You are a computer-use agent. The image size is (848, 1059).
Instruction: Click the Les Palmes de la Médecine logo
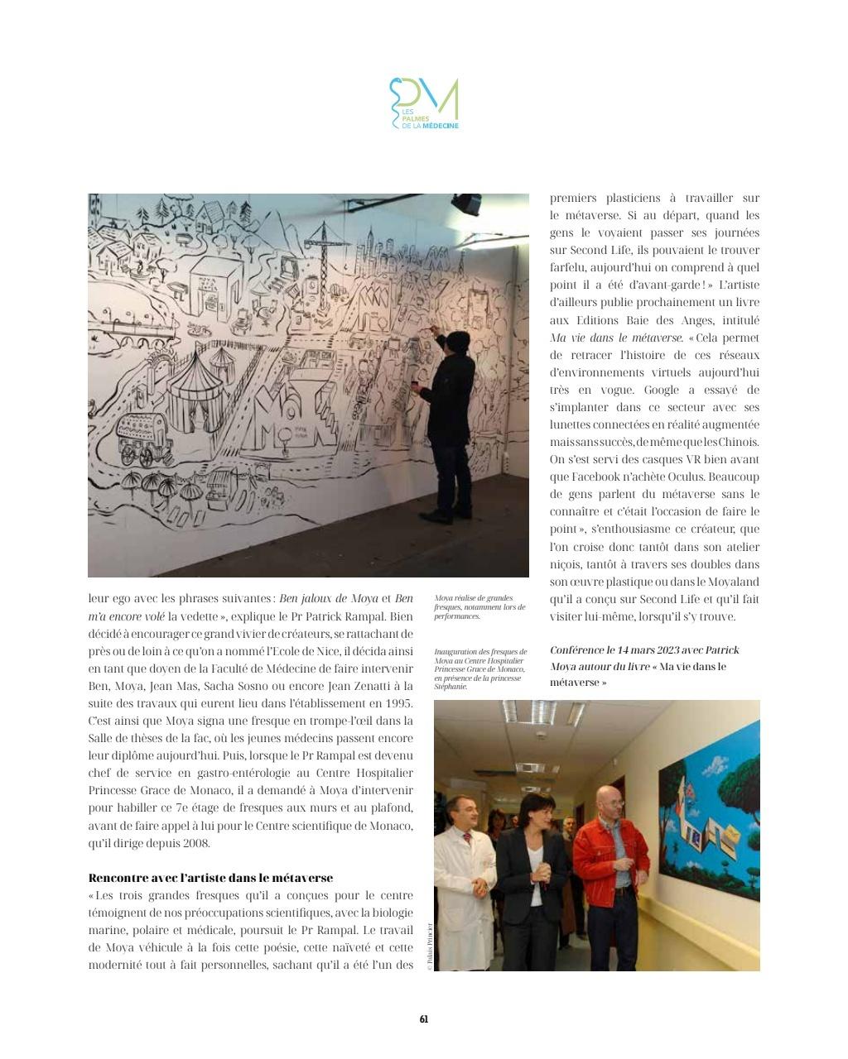tap(424, 103)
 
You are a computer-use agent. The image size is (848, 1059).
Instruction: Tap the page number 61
tap(424, 1019)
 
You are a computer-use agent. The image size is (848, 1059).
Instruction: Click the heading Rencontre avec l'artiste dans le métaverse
tap(210, 878)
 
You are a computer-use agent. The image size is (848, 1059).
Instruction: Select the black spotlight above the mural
tap(466, 204)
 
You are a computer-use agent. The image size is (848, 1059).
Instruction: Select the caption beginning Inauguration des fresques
tap(479, 668)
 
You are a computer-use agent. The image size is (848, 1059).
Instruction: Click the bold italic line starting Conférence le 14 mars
tap(644, 650)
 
